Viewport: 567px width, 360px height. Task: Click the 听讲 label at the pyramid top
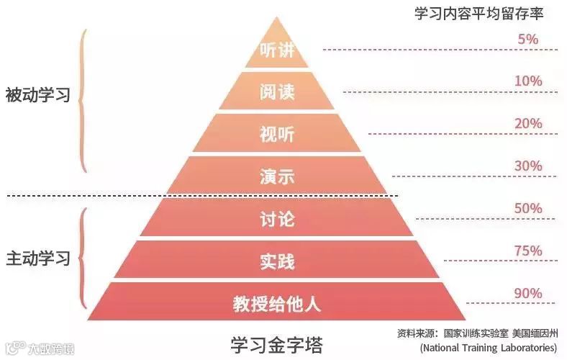[x=277, y=51]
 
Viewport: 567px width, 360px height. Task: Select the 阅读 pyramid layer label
[x=277, y=93]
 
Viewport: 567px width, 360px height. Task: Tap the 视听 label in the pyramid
[x=277, y=135]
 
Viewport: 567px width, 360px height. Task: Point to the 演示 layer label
[x=277, y=176]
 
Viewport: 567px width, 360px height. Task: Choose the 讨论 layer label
[x=277, y=219]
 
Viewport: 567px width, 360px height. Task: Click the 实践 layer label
[x=277, y=261]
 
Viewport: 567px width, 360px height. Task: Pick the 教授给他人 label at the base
[x=277, y=303]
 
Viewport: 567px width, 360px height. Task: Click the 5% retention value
[x=528, y=39]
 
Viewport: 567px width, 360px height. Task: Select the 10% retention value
[x=528, y=81]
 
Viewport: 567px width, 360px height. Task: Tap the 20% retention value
[x=528, y=123]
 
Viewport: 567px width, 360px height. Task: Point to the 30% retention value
[x=528, y=166]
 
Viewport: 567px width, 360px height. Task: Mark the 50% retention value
[x=528, y=208]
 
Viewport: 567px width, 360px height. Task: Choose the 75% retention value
[x=528, y=251]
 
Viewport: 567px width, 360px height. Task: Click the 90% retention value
[x=528, y=293]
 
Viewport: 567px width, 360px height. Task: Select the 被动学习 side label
[x=37, y=94]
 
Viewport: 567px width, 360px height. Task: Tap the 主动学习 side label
[x=37, y=258]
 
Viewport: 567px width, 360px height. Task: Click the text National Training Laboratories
[x=489, y=347]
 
